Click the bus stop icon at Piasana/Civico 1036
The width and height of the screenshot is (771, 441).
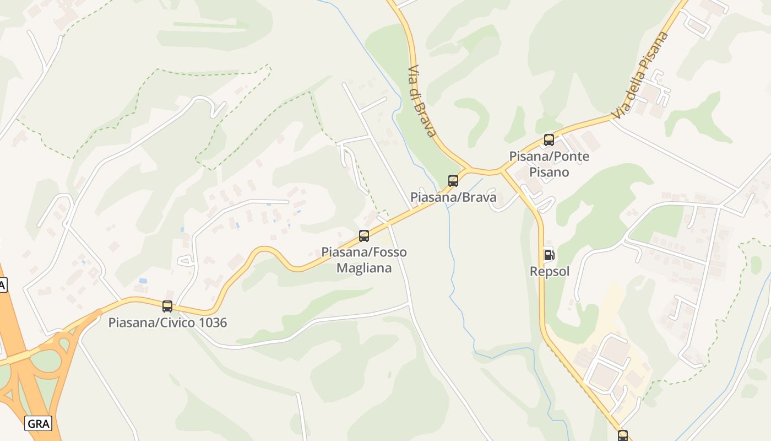point(167,306)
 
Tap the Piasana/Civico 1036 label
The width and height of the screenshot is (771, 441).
point(167,322)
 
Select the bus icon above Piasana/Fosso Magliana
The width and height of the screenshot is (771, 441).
point(364,236)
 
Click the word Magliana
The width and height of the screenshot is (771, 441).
point(364,268)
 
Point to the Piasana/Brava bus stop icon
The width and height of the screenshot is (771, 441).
point(453,180)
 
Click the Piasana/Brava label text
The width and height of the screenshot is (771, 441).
point(453,197)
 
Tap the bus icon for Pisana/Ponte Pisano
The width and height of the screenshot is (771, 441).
point(549,140)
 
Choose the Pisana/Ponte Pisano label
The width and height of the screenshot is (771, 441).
point(549,164)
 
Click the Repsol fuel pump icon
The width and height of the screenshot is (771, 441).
point(549,255)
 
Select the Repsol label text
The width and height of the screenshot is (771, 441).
point(549,271)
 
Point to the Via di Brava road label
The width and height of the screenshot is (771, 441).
point(422,101)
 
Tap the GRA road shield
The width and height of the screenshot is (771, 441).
point(39,423)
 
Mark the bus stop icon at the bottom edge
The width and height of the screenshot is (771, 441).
point(623,435)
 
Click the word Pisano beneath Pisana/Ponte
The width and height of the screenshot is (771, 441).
point(549,172)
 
